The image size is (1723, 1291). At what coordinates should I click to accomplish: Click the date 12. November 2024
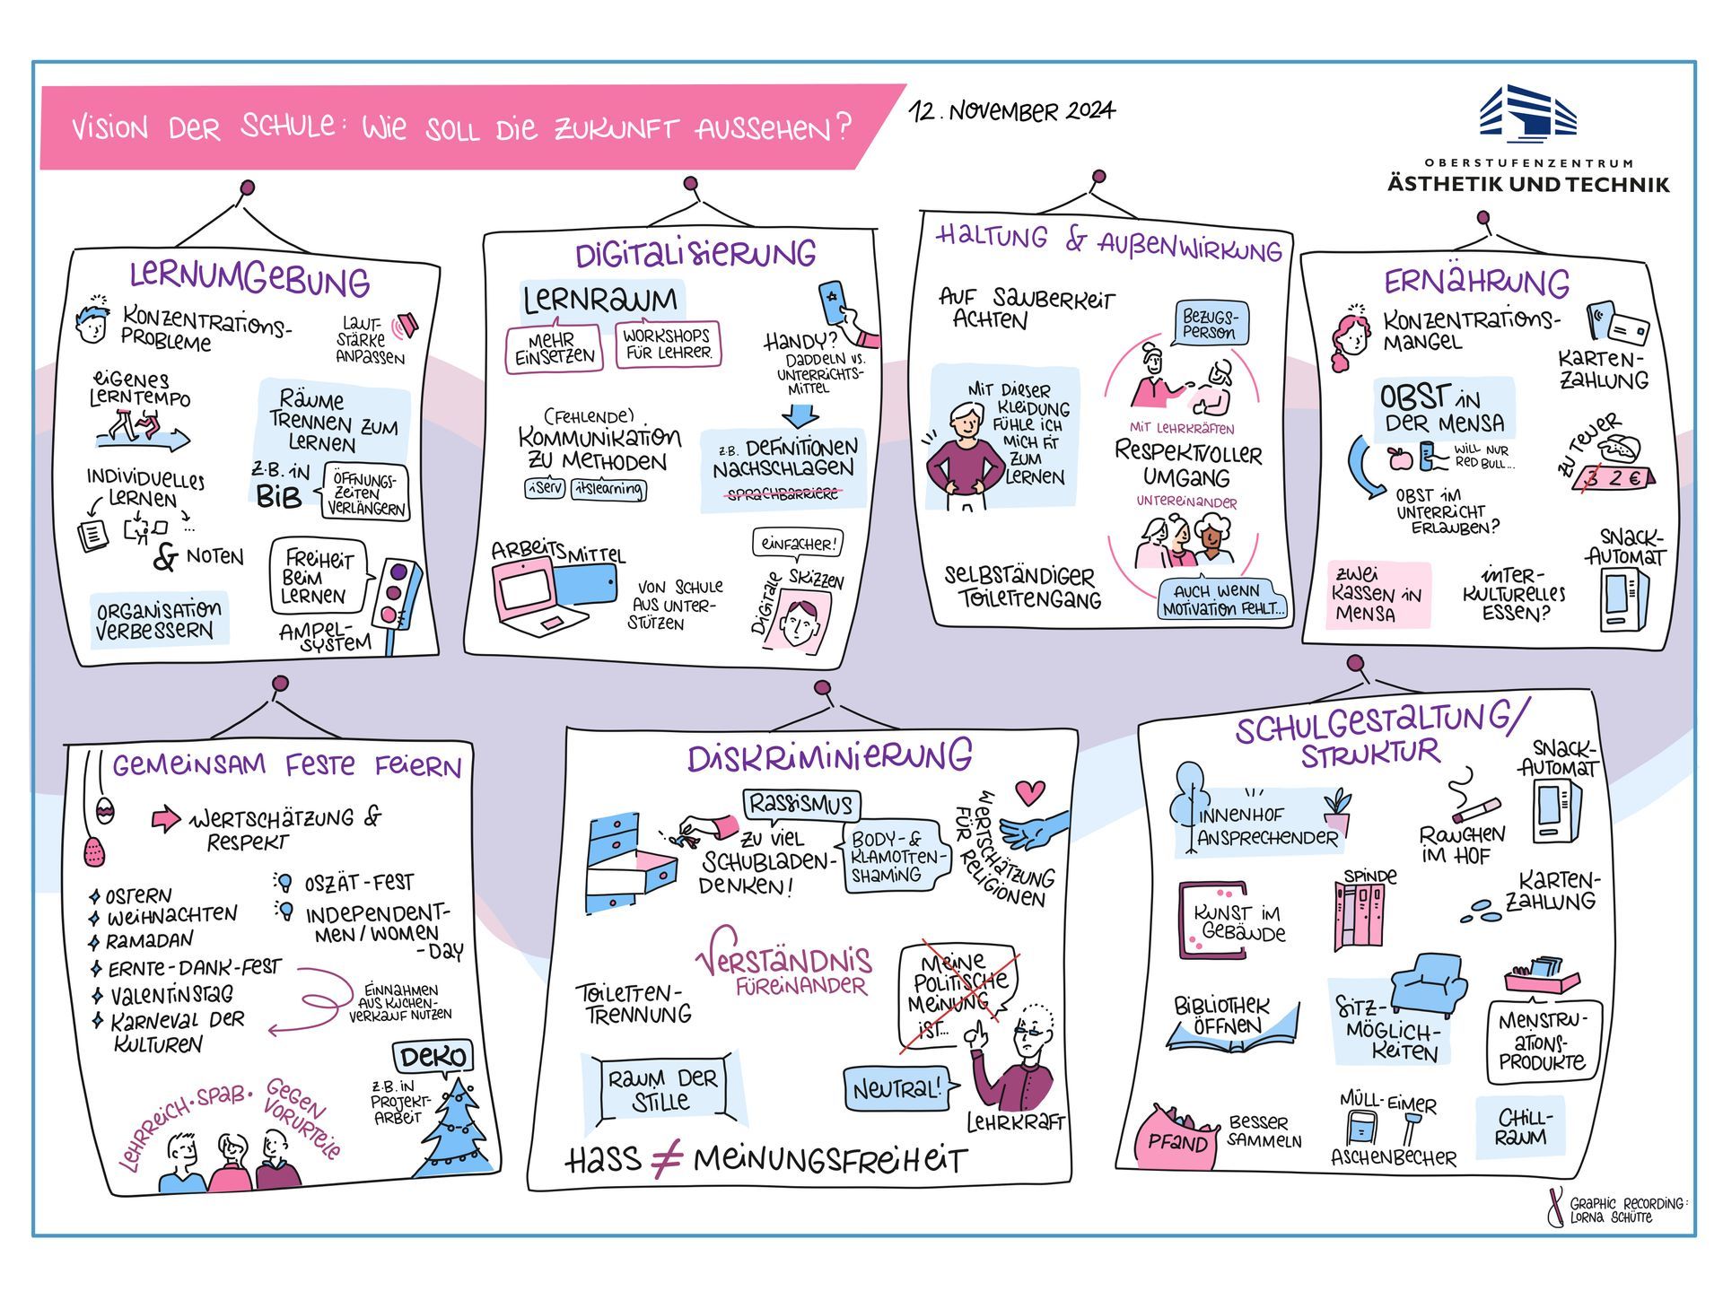click(x=1011, y=111)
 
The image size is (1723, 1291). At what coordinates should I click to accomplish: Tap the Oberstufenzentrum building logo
click(x=1527, y=114)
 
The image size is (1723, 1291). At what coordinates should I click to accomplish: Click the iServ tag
click(x=545, y=489)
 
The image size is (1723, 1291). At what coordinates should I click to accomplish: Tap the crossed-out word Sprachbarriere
click(x=783, y=493)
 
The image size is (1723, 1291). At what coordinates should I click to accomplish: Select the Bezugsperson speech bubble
click(x=1211, y=323)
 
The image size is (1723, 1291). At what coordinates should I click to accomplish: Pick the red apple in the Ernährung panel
click(x=1399, y=458)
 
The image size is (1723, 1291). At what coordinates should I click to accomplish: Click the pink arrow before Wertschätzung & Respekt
click(x=165, y=819)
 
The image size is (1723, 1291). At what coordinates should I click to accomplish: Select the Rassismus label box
click(x=800, y=804)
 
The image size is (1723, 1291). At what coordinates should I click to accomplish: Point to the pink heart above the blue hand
click(x=1030, y=792)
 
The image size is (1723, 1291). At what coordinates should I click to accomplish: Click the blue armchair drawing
click(x=1429, y=983)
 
